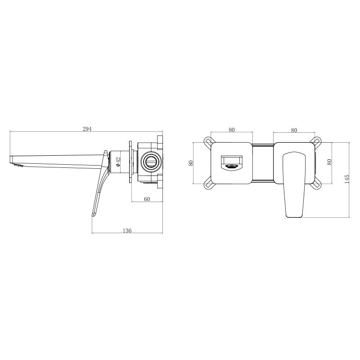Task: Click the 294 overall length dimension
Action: (87, 129)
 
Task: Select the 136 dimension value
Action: (127, 230)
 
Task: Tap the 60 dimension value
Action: (147, 199)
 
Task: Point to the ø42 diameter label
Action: (118, 162)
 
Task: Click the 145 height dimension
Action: (346, 179)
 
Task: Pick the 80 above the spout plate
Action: (232, 130)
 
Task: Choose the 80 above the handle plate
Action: (294, 130)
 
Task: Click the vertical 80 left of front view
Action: (190, 163)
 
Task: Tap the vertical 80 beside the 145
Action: (329, 162)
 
